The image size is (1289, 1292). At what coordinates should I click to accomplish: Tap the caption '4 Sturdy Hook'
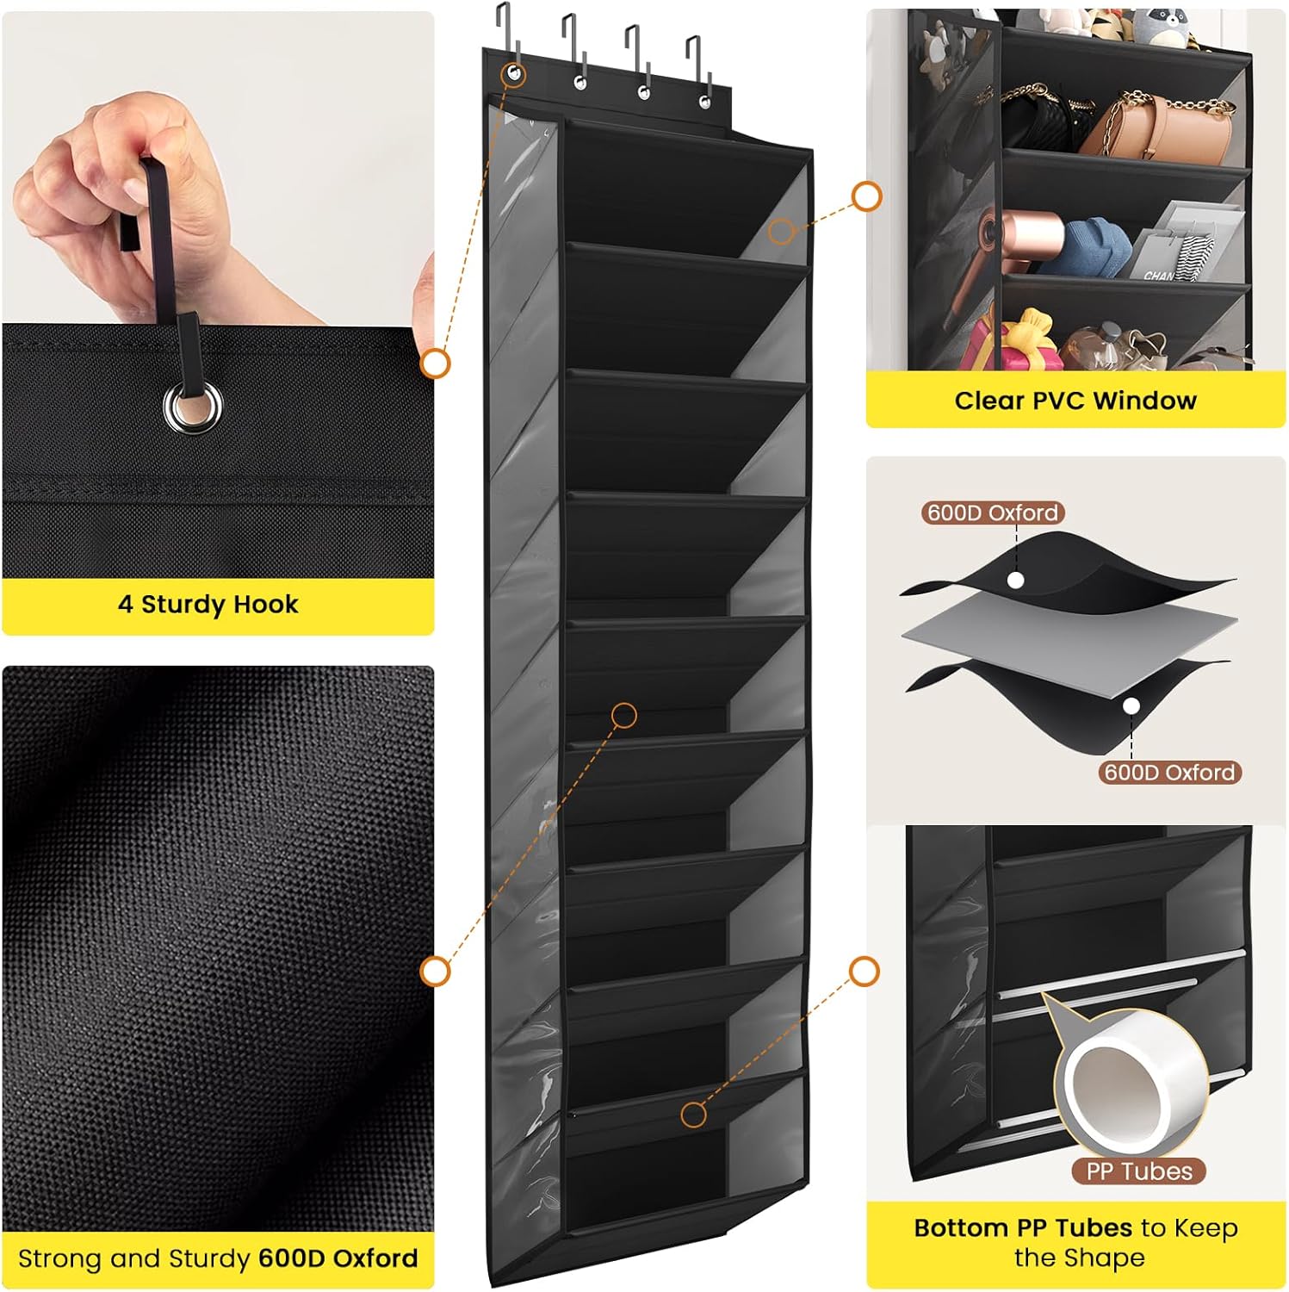[208, 604]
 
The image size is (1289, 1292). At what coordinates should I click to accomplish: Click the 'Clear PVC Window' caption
[1075, 401]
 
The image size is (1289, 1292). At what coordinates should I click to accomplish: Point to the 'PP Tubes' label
[1139, 1171]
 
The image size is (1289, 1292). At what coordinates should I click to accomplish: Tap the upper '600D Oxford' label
[993, 512]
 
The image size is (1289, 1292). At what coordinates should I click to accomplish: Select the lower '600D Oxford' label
[1169, 772]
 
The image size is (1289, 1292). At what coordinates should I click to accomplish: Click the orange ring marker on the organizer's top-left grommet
[514, 74]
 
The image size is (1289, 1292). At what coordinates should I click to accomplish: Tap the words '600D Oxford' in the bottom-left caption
[338, 1258]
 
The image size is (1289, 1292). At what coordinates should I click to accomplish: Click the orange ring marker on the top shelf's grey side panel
[781, 231]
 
